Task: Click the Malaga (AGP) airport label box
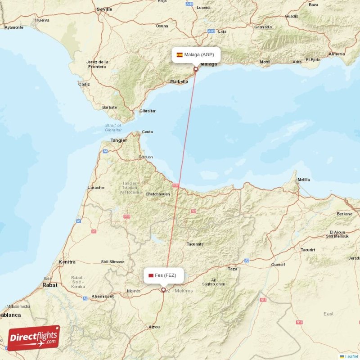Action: [x=196, y=55]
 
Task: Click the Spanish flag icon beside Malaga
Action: [x=180, y=55]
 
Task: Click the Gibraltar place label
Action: [x=148, y=111]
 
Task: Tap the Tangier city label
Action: [x=119, y=140]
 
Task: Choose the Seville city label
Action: [x=104, y=9]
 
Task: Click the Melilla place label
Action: [x=304, y=180]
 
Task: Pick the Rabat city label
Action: [x=49, y=285]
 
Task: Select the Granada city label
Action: [x=263, y=27]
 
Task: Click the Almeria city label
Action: [x=337, y=54]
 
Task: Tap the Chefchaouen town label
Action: [x=157, y=194]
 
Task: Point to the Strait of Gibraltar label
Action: [x=113, y=127]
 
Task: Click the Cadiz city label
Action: [x=84, y=84]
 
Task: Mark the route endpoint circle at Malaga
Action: [x=196, y=69]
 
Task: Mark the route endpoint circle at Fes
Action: [x=163, y=290]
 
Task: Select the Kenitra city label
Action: [x=67, y=261]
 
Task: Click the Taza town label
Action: [x=232, y=269]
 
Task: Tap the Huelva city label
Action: [x=42, y=20]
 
